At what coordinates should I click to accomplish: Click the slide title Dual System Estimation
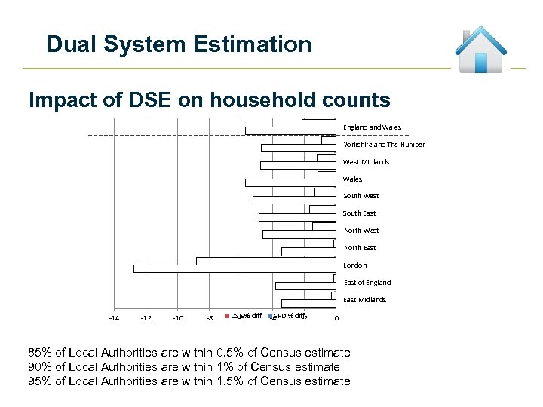click(179, 44)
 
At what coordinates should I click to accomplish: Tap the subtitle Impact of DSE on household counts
click(209, 100)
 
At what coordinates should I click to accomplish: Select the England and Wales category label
click(373, 127)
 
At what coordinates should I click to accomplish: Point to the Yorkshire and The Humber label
click(384, 145)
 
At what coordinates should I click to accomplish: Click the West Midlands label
click(366, 162)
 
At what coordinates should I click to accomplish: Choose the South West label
click(360, 196)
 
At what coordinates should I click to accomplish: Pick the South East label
click(359, 213)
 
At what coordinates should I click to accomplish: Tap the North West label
click(361, 231)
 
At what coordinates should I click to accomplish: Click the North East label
click(360, 248)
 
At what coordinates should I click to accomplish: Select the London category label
click(354, 265)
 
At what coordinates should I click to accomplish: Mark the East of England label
click(367, 283)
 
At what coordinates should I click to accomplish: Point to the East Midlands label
click(364, 300)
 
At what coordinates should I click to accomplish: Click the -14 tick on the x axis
click(113, 318)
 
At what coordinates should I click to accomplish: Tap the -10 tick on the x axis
click(177, 318)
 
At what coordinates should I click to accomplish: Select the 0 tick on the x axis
click(336, 318)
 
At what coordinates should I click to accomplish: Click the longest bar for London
click(234, 268)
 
